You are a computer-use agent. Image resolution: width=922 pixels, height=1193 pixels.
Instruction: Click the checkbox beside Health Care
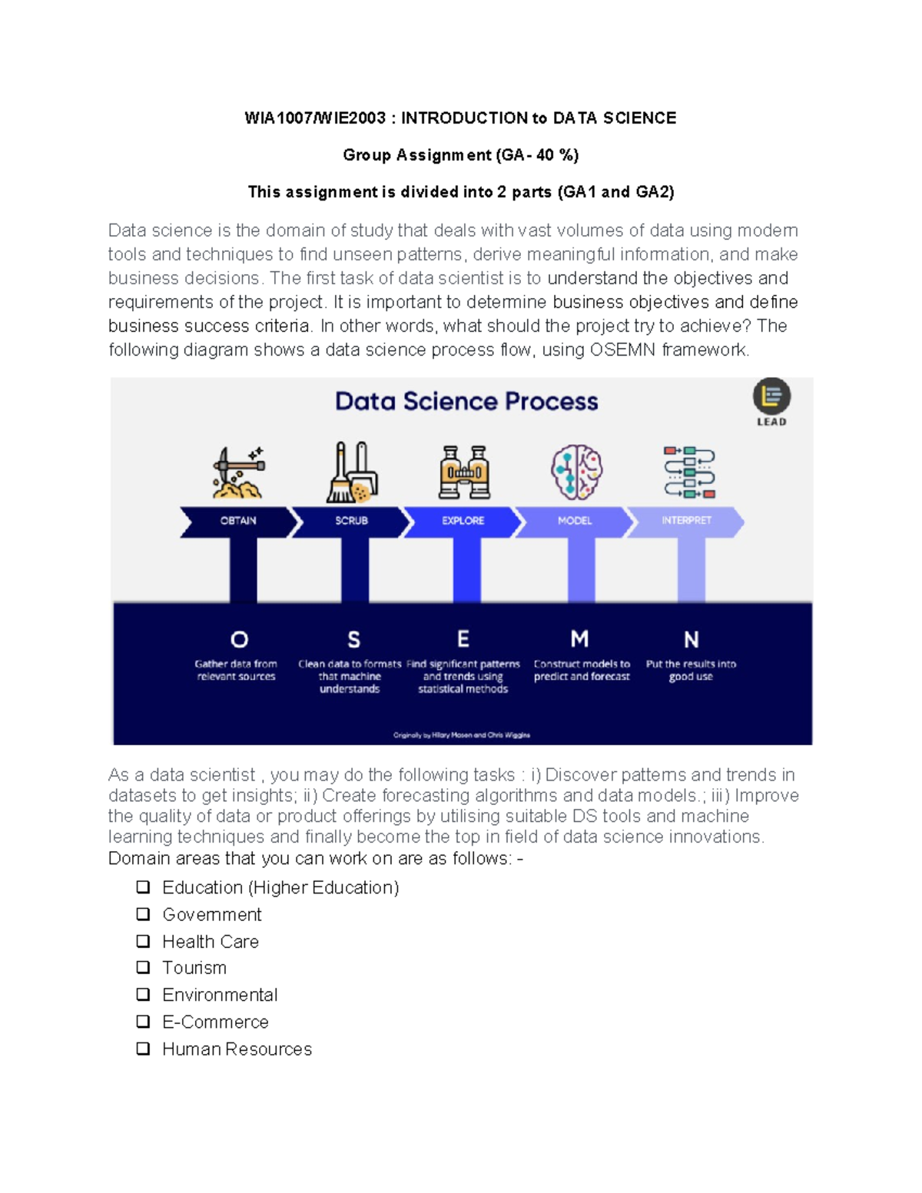pos(143,941)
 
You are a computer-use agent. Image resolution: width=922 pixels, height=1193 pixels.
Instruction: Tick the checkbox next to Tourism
pos(143,967)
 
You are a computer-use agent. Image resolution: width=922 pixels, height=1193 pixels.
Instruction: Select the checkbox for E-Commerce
pos(143,1022)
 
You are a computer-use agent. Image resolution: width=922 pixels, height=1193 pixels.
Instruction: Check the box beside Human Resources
pos(143,1049)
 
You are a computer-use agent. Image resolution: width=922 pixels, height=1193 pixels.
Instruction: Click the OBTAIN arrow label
pos(238,521)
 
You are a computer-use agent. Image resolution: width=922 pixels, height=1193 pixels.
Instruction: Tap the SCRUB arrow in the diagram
pos(352,521)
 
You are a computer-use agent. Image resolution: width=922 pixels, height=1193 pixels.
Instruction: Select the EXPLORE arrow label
pos(463,521)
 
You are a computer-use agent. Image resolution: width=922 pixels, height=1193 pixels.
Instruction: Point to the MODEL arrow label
pos(575,521)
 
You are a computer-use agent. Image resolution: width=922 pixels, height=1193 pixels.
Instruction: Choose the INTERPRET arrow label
pos(686,521)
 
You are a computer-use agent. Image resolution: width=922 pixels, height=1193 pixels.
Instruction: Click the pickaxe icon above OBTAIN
pos(239,472)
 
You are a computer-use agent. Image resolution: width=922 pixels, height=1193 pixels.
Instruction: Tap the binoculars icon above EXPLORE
pos(464,472)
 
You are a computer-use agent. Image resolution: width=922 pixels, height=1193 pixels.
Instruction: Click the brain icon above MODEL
pos(576,472)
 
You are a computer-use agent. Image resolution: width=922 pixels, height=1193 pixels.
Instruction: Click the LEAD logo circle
pos(771,396)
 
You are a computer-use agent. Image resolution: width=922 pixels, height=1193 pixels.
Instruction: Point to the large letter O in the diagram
pos(239,639)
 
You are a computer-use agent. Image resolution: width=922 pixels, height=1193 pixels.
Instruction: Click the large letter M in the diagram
pos(579,639)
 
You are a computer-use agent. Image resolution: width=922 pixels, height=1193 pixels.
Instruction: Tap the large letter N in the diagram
pos(691,640)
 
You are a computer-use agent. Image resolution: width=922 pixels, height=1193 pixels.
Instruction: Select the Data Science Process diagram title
pos(466,401)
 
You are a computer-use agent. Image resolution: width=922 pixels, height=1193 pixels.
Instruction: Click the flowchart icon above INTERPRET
pos(689,472)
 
